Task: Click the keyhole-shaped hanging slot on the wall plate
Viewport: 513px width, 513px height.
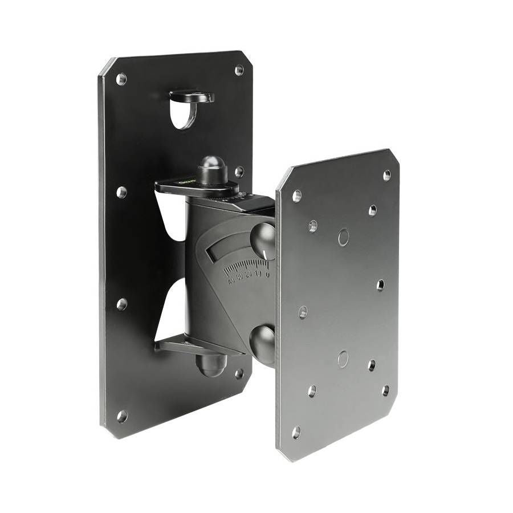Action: point(184,112)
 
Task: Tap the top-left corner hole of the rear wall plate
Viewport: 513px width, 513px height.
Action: point(121,79)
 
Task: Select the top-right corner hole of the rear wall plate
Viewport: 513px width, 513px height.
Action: point(239,70)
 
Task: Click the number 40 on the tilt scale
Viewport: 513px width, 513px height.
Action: point(231,281)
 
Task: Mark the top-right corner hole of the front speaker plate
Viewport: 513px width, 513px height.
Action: point(387,175)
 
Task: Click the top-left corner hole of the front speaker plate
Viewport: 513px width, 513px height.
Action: point(296,196)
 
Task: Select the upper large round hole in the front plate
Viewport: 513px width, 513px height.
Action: point(343,237)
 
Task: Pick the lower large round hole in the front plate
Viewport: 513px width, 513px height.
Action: point(343,359)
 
